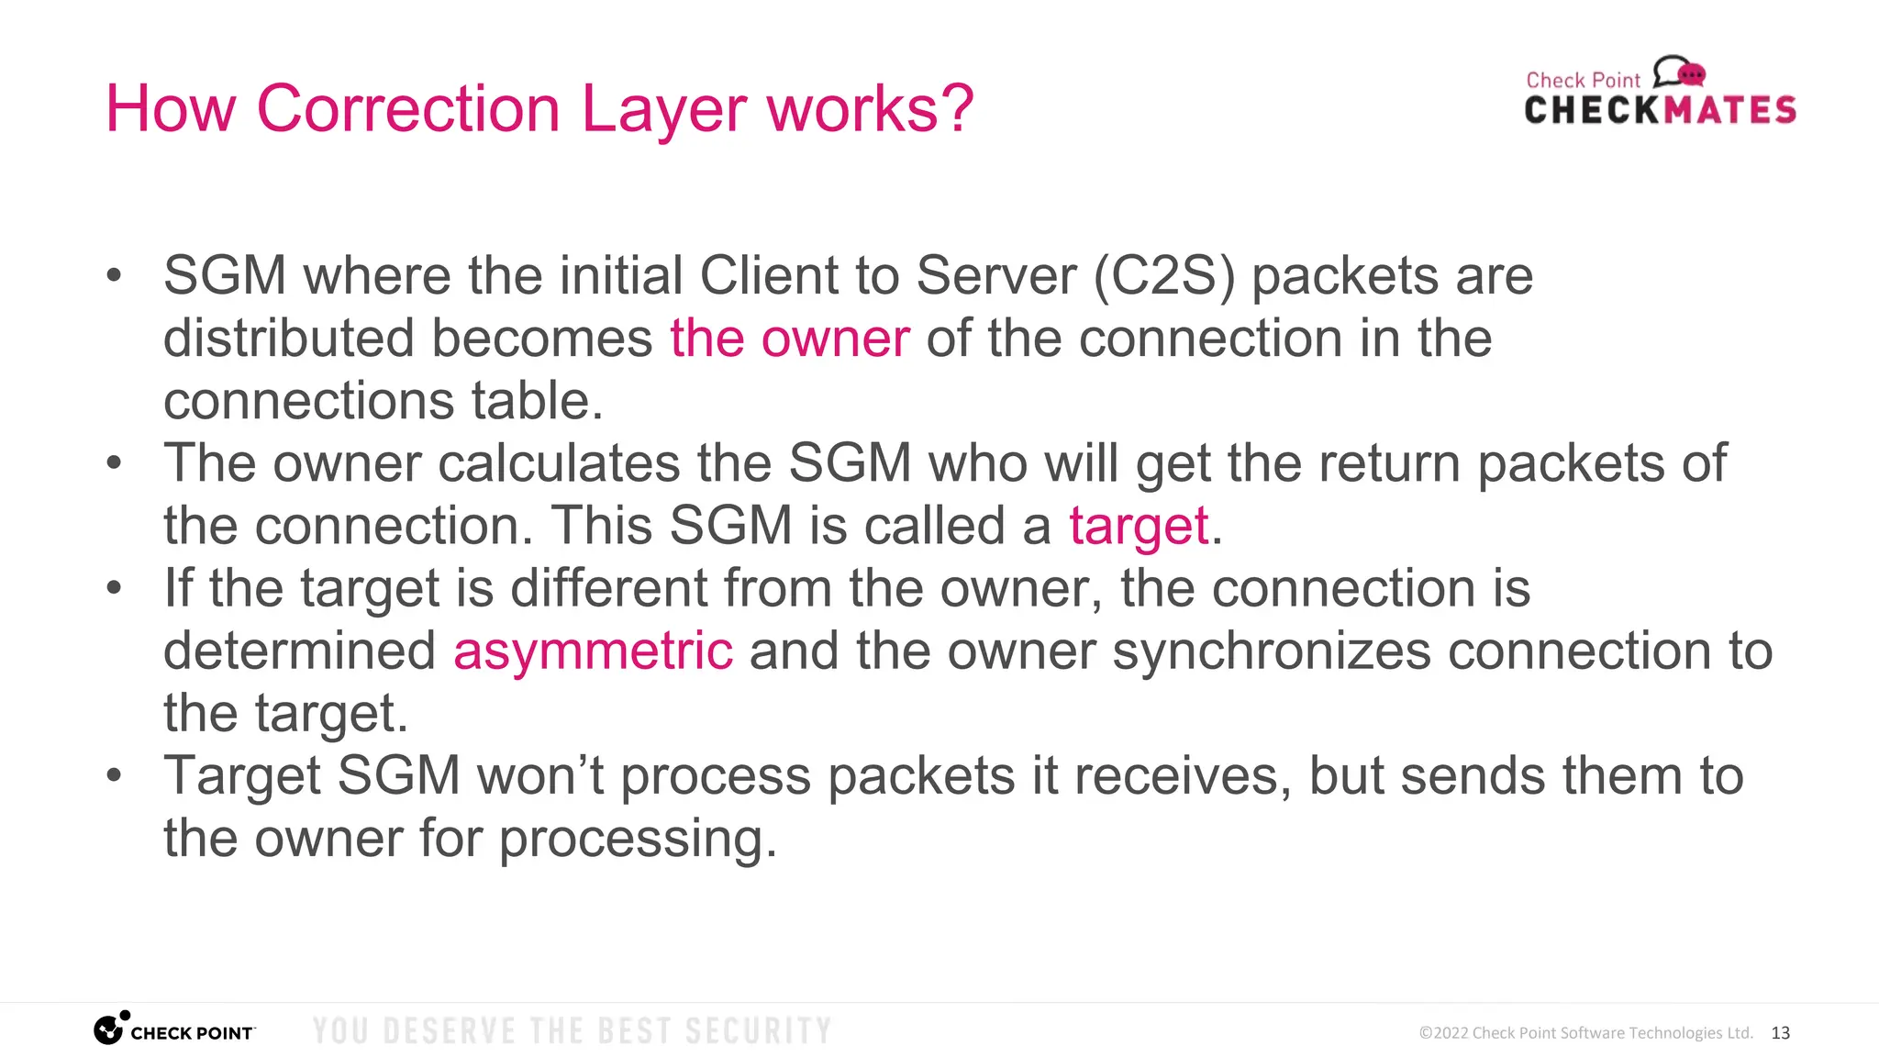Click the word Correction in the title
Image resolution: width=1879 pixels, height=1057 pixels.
(408, 109)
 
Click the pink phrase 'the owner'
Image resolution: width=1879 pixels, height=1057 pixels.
(790, 338)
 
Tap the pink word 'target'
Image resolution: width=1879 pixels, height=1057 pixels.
(1139, 526)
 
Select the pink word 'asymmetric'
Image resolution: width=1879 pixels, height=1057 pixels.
(593, 651)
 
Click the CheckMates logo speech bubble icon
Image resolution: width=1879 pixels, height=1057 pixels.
(1679, 72)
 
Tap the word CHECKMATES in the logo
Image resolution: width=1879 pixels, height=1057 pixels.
(1660, 110)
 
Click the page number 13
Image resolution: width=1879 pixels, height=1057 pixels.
(1780, 1033)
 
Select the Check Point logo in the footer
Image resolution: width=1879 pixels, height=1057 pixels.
(174, 1030)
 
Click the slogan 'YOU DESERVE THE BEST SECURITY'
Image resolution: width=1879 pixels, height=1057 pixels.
(572, 1031)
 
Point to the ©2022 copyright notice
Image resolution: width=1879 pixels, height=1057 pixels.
(1585, 1033)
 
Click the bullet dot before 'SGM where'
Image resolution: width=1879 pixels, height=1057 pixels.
(114, 275)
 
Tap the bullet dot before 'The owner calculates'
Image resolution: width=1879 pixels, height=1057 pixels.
(114, 462)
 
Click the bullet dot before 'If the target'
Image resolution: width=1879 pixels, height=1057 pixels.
(114, 587)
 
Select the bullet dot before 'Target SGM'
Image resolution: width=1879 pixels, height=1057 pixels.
(114, 775)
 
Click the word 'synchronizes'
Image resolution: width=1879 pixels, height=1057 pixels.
(1272, 651)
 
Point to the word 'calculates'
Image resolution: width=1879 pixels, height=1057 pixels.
(559, 462)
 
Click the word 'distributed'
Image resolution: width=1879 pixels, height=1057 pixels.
(288, 338)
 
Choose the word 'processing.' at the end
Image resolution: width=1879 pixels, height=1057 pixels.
(638, 839)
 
